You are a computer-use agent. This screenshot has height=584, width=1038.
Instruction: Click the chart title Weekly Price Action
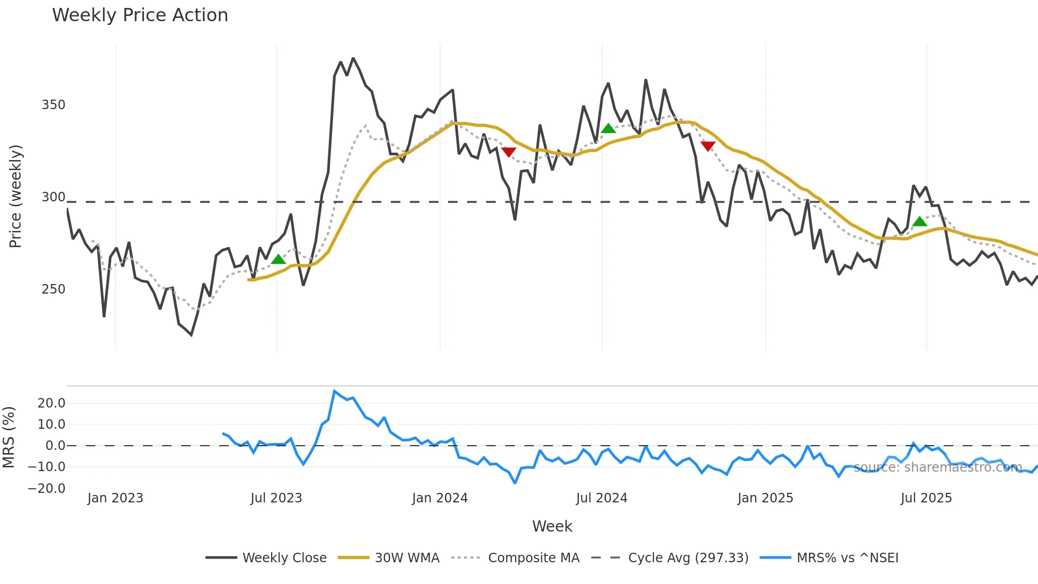coord(140,15)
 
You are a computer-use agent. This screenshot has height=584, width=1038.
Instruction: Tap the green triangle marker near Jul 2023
coord(278,259)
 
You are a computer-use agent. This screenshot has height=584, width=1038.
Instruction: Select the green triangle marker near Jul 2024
coord(608,128)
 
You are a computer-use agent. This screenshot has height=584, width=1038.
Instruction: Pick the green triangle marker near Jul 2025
coord(919,222)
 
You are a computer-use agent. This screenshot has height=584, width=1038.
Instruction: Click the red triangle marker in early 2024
coord(508,152)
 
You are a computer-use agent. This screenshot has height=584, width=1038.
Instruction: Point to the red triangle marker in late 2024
coord(708,146)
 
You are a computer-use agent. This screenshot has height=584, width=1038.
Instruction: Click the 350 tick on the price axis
coord(53,105)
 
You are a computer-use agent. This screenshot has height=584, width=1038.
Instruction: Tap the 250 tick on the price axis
coord(53,289)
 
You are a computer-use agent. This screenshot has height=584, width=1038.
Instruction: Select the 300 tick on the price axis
coord(53,197)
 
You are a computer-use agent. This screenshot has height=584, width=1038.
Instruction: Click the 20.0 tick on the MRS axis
coord(51,403)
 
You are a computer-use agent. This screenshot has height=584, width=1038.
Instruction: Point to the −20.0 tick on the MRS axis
coord(47,489)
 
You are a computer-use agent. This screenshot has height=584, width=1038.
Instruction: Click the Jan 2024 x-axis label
coord(440,498)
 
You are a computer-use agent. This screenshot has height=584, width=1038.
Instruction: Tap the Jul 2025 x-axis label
coord(926,498)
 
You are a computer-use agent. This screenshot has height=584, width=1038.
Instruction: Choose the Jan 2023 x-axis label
coord(115,498)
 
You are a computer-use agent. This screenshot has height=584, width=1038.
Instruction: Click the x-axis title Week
coord(552,526)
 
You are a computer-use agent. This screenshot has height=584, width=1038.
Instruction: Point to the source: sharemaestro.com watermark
coord(937,467)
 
